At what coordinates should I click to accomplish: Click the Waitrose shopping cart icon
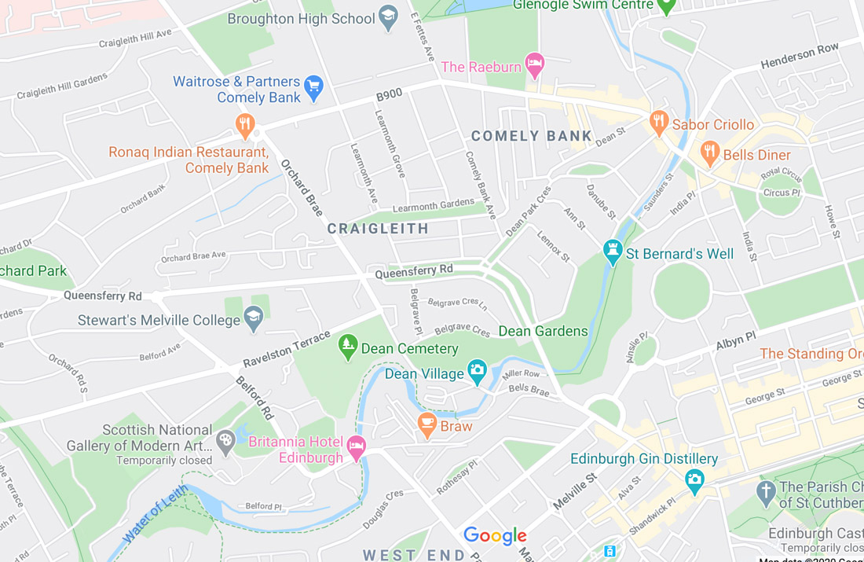(314, 86)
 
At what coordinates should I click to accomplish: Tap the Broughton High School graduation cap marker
(388, 17)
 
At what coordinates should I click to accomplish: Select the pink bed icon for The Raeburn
(535, 65)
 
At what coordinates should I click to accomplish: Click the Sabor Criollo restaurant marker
(659, 122)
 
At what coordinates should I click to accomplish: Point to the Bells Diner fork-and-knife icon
(710, 152)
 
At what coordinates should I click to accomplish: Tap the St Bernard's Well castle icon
(613, 252)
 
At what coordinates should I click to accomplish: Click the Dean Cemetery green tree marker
(348, 346)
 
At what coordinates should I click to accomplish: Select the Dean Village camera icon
(477, 371)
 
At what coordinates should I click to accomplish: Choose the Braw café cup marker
(427, 424)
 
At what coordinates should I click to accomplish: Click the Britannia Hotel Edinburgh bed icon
(357, 447)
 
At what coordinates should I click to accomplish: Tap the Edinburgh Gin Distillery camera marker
(694, 479)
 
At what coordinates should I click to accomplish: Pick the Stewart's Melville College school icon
(253, 318)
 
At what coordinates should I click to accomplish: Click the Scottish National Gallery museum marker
(225, 441)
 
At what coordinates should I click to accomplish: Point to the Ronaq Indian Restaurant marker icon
(245, 125)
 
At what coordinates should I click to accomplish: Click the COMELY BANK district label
(532, 136)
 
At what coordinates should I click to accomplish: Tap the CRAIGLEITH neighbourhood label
(378, 229)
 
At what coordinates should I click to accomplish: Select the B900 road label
(389, 95)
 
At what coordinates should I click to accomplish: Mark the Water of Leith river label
(156, 516)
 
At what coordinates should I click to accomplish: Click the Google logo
(495, 536)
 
